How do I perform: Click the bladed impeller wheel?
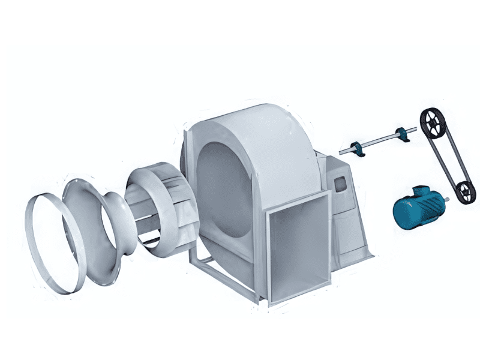[x=159, y=207]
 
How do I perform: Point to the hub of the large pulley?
[x=431, y=122]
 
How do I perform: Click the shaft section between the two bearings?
[x=380, y=142]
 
